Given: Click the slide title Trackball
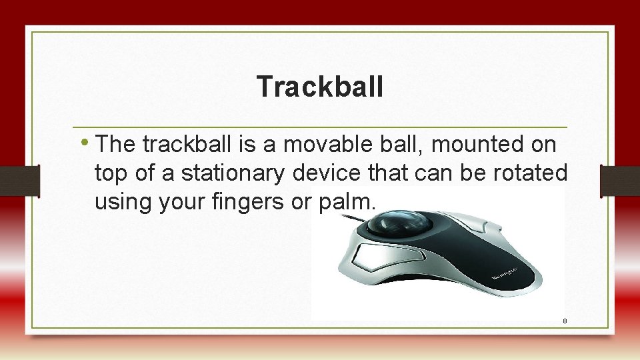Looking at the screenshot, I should click(x=319, y=86).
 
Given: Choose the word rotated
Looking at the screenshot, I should click(x=530, y=173).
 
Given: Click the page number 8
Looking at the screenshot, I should click(x=565, y=321).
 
